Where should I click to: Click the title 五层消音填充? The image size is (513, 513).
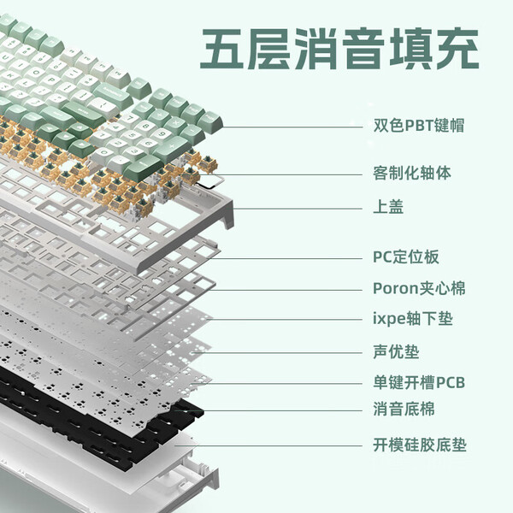[x=339, y=49]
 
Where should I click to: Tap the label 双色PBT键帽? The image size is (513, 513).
[x=419, y=125]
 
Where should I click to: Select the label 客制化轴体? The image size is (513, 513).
[x=412, y=173]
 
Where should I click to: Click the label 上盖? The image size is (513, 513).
[x=388, y=206]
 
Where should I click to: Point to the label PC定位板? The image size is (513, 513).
[x=405, y=256]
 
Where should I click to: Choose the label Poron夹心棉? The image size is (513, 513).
[x=419, y=288]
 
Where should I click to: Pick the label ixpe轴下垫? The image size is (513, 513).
[x=413, y=318]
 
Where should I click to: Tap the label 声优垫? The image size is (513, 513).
[x=396, y=351]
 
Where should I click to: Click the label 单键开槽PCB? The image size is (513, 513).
[x=419, y=382]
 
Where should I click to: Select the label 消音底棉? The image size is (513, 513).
[x=404, y=409]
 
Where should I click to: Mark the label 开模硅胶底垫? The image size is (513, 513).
[x=420, y=445]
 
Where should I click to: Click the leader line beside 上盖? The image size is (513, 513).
[x=297, y=209]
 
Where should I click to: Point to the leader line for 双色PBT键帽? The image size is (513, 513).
[x=292, y=127]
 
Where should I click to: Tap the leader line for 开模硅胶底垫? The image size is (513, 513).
[x=268, y=445]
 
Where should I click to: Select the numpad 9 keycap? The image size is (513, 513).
[x=162, y=134]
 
